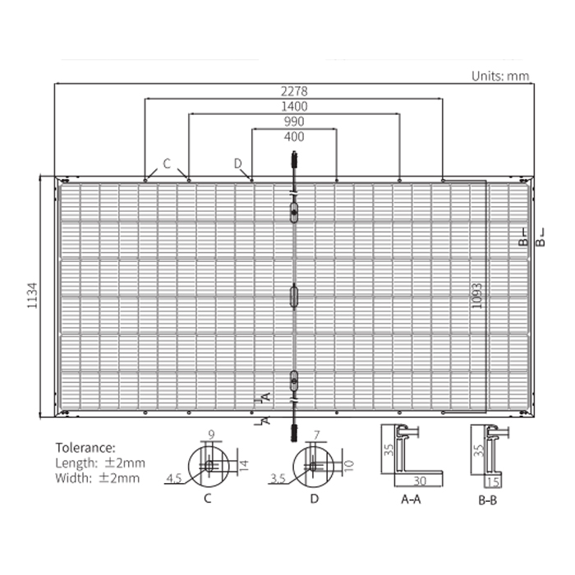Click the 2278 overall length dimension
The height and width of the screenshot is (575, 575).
coord(294,91)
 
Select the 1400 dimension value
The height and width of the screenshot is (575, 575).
coord(294,106)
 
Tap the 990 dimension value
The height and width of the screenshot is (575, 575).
coord(294,122)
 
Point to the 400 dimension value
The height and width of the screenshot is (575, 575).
coord(294,137)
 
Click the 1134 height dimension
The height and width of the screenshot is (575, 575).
coord(33,295)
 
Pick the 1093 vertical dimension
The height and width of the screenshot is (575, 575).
coord(476,296)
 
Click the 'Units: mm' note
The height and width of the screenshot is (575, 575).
coord(500,76)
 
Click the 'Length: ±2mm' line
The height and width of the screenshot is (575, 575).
coord(100,463)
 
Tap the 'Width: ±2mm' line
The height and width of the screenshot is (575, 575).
coord(98,478)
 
